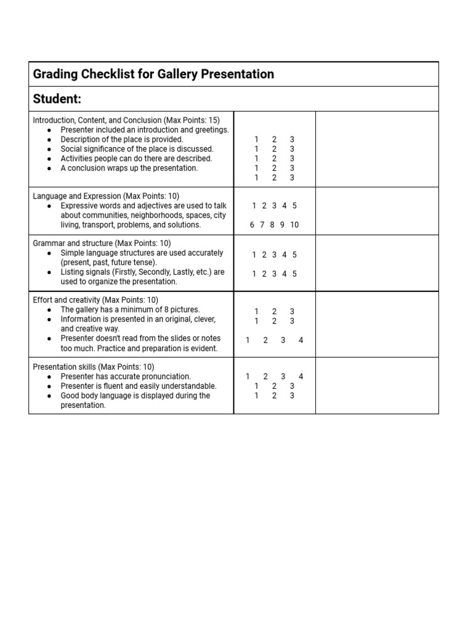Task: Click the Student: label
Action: click(57, 99)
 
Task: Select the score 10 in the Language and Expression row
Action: click(294, 225)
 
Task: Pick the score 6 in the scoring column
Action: click(253, 225)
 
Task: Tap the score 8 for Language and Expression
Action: click(272, 225)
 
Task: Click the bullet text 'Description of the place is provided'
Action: click(122, 139)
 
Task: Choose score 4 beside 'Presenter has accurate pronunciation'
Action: click(301, 377)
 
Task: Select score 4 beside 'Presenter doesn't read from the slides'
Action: click(301, 340)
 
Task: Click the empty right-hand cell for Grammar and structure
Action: click(377, 263)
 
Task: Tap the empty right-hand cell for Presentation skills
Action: click(377, 385)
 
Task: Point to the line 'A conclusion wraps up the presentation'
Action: click(129, 168)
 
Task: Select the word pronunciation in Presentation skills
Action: click(165, 377)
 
